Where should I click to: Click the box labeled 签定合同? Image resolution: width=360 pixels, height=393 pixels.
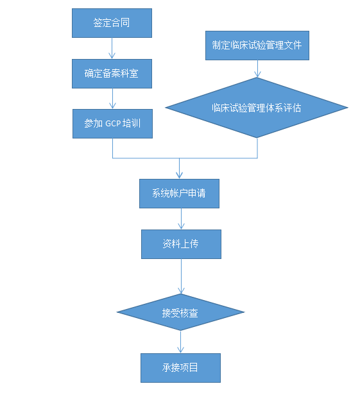click(x=112, y=22)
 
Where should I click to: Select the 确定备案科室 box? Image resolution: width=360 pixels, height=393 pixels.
click(x=112, y=73)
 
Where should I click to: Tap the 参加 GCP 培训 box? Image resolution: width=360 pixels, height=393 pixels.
click(x=112, y=123)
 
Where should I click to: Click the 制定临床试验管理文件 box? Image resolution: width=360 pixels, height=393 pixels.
click(x=257, y=46)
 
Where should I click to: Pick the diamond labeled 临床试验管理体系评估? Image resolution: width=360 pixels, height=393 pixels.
click(x=257, y=108)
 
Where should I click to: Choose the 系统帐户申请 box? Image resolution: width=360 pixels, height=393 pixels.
click(x=179, y=193)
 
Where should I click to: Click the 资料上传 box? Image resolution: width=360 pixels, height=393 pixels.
click(x=181, y=244)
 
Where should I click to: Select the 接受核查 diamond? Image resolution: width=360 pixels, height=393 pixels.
click(x=180, y=313)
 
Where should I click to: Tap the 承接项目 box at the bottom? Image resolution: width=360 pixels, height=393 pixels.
click(x=180, y=368)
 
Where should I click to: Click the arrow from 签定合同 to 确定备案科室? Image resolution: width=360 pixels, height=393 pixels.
click(x=112, y=48)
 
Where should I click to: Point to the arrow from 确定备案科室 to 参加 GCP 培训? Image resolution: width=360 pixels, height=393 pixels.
click(x=112, y=98)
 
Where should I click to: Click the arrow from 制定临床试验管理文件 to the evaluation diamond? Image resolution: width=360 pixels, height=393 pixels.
click(x=257, y=69)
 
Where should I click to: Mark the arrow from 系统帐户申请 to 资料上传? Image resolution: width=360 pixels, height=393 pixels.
click(x=180, y=219)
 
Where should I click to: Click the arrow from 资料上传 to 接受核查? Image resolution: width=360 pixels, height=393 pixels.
click(x=180, y=277)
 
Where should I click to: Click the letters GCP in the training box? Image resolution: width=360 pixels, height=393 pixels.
click(x=114, y=123)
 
